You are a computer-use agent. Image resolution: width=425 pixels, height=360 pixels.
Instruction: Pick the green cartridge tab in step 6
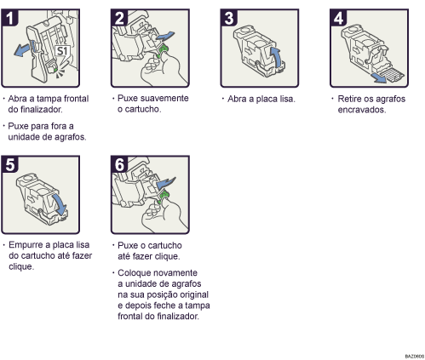coord(161,201)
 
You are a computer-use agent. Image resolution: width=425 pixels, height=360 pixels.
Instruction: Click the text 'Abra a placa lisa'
coord(261,99)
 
